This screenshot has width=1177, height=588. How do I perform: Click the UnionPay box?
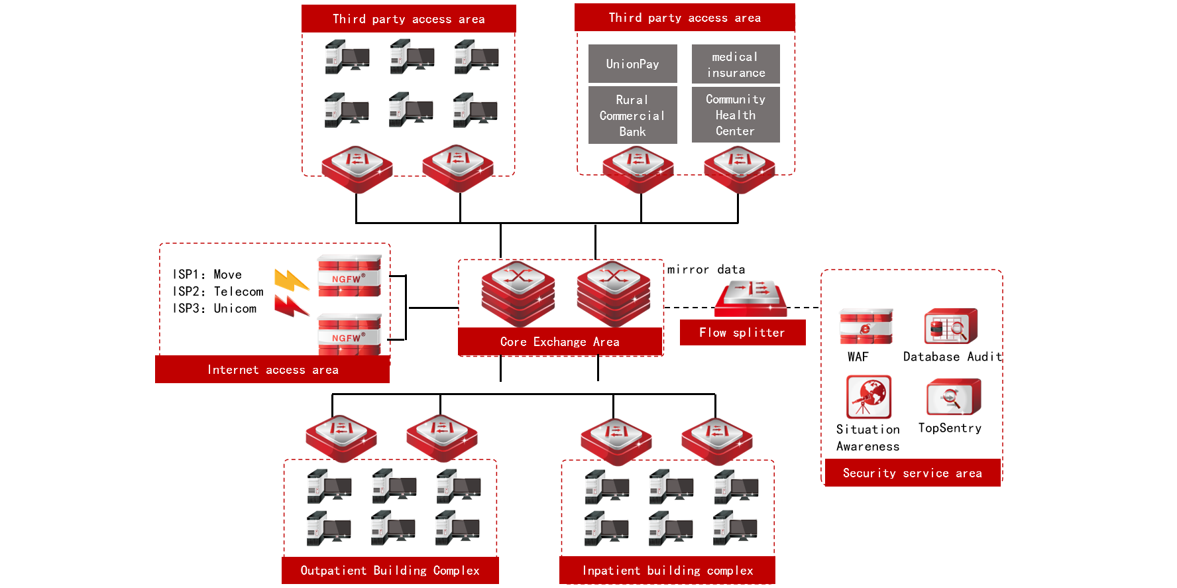tap(632, 64)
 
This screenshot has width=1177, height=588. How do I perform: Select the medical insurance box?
tap(736, 64)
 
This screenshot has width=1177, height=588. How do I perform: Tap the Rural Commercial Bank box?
tap(632, 115)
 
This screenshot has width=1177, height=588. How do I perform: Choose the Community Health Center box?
tap(736, 115)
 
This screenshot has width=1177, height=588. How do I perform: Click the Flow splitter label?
tap(742, 333)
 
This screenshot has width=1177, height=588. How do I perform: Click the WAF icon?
tap(866, 326)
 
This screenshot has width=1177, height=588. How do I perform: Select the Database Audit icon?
tap(950, 326)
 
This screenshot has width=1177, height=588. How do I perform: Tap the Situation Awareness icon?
tap(868, 397)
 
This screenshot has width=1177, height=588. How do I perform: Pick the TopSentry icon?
tap(953, 397)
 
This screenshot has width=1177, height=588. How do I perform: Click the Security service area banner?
tap(913, 473)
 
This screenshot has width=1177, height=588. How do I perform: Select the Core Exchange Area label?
tap(560, 342)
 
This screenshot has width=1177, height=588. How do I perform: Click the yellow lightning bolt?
tap(291, 280)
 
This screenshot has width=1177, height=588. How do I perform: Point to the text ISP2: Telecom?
tap(218, 292)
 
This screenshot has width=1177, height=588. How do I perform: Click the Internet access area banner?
tap(272, 370)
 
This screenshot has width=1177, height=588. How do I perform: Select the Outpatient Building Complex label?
tap(390, 571)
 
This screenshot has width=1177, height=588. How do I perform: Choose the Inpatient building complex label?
tap(667, 571)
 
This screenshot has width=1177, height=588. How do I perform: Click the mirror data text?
tap(706, 270)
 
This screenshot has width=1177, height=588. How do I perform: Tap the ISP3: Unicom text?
tap(215, 309)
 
